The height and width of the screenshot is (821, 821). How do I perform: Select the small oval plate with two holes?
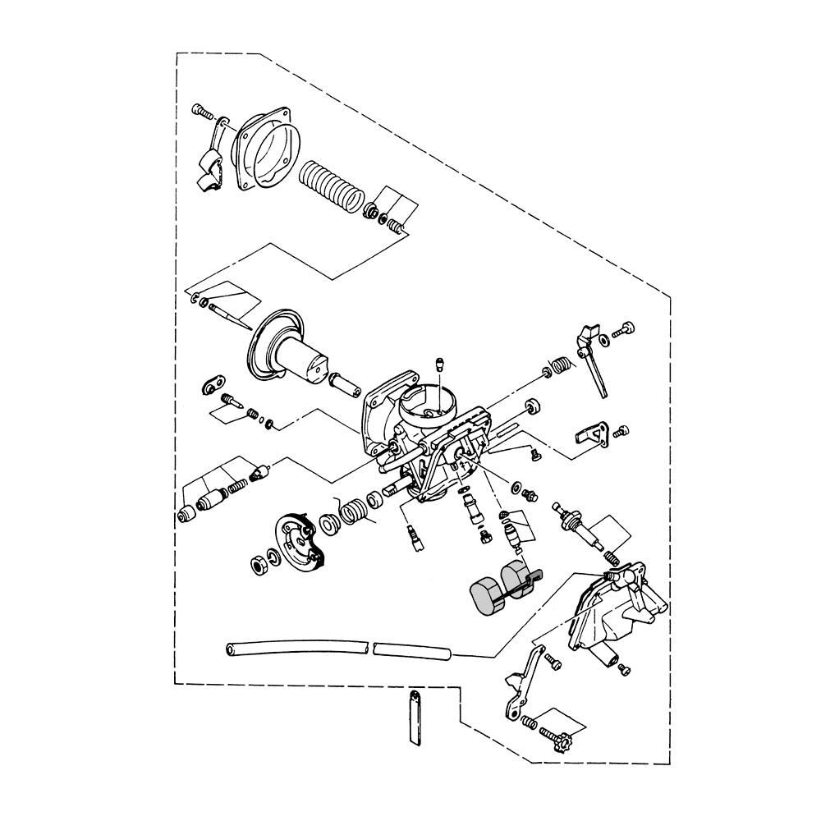216,383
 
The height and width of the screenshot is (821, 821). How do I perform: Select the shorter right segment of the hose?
413,652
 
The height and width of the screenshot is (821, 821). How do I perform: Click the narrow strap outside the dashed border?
413,719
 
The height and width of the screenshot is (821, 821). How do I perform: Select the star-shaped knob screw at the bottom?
560,747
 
